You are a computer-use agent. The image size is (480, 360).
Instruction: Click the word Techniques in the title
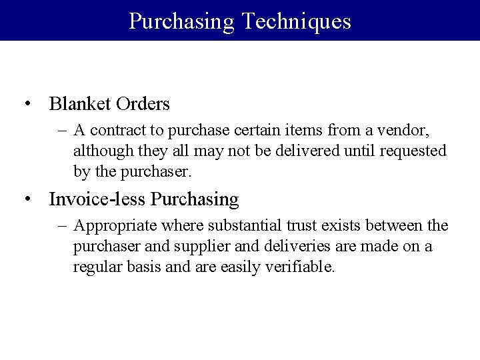tap(296, 21)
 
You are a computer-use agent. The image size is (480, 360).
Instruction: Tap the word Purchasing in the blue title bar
tap(182, 21)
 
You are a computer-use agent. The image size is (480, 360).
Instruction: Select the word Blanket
tap(79, 104)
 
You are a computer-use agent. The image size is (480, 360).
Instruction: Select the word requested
tap(413, 151)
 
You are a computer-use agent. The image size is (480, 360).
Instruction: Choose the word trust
tap(287, 226)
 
